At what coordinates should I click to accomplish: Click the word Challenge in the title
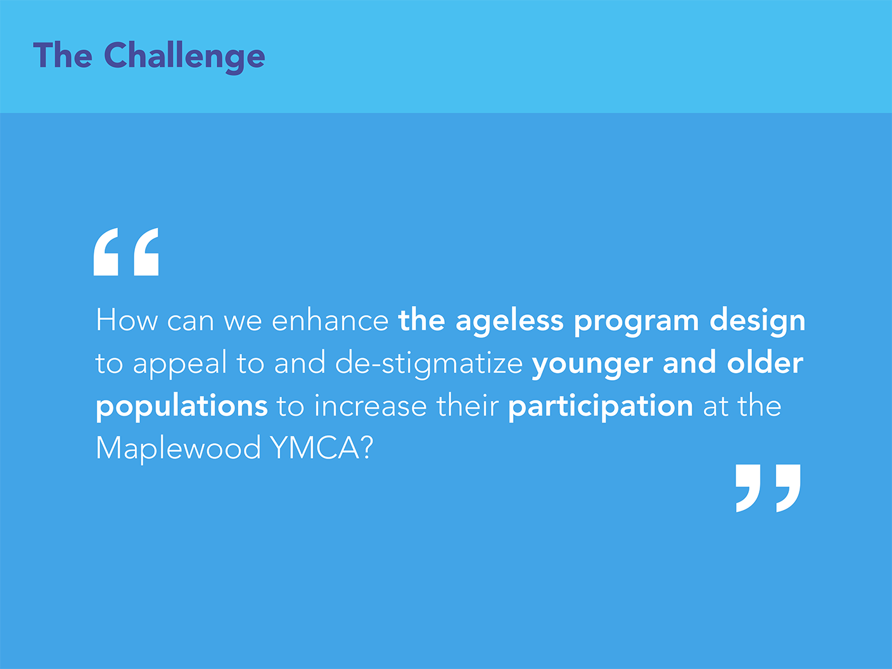(x=184, y=57)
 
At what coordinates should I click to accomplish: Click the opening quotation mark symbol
(x=126, y=252)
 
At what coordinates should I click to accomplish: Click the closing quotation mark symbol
(x=768, y=488)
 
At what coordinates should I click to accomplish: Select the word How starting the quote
(x=126, y=321)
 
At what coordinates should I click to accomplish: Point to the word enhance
(x=330, y=321)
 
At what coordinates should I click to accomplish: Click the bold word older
(x=765, y=363)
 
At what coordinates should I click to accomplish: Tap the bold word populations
(x=182, y=407)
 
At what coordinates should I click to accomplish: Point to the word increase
(x=370, y=406)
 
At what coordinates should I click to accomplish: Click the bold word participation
(x=601, y=407)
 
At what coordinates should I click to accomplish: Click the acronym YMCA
(x=315, y=449)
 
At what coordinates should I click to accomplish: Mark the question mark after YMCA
(x=367, y=448)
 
